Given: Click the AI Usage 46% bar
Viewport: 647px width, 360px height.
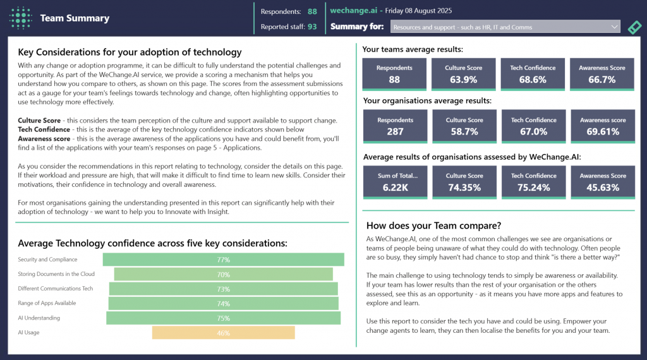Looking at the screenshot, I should click(x=223, y=333).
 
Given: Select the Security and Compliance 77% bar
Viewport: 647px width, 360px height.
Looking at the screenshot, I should click(x=223, y=260).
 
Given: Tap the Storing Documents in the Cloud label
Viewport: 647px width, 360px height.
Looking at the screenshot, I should click(x=57, y=274).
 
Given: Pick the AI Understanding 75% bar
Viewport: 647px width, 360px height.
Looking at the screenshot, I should click(x=223, y=318).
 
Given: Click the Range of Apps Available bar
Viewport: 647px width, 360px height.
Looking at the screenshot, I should click(x=223, y=304).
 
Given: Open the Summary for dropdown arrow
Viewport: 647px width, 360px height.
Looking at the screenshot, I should click(x=615, y=27).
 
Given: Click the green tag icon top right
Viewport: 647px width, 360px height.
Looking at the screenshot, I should click(x=634, y=27).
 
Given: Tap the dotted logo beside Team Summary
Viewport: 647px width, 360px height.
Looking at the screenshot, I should click(x=21, y=18).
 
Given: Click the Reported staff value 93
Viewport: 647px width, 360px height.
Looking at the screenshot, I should click(x=312, y=27).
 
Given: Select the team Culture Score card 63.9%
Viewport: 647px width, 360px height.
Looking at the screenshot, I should click(x=464, y=74).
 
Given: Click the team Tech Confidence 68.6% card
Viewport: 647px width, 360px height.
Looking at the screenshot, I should click(x=533, y=74).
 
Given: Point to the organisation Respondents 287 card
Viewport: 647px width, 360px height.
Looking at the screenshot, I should click(x=394, y=126).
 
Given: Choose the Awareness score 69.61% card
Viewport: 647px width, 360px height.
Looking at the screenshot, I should click(x=602, y=126).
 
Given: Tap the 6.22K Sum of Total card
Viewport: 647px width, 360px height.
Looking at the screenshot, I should click(x=394, y=182).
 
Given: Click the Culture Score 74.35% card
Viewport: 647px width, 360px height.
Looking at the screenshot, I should click(x=464, y=182).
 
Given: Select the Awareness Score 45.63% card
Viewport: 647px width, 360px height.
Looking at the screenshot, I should click(x=602, y=182).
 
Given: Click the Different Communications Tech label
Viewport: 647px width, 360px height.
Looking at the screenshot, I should click(x=56, y=289).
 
